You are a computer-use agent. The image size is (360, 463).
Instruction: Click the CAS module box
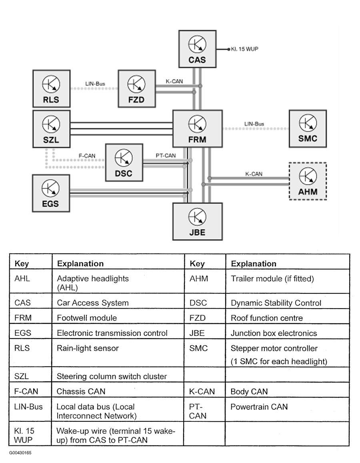tap(198, 49)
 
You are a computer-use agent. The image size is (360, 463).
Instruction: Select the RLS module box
tap(51, 88)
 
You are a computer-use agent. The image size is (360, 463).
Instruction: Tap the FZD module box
tap(137, 88)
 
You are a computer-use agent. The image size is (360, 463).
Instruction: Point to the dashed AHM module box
tap(308, 181)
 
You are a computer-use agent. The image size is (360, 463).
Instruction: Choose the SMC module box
tap(308, 128)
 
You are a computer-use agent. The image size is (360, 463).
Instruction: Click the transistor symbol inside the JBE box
tap(197, 216)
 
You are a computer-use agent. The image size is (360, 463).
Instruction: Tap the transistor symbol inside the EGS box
tap(50, 188)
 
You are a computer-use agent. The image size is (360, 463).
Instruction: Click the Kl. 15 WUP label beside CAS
tap(244, 49)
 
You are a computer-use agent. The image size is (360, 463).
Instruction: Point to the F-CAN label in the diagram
tap(87, 156)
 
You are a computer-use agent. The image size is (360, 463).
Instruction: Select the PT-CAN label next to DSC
tap(166, 155)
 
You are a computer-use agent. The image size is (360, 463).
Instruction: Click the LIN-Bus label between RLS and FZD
tap(95, 84)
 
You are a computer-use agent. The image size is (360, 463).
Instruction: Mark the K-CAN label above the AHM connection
tap(254, 174)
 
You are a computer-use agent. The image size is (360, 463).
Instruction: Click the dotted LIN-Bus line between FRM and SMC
tap(256, 128)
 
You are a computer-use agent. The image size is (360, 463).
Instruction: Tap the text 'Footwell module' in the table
tap(87, 318)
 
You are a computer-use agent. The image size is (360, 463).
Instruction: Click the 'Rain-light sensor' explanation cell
tap(118, 353)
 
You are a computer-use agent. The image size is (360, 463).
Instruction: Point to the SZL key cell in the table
tap(31, 375)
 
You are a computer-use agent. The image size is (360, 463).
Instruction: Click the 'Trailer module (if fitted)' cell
tap(288, 281)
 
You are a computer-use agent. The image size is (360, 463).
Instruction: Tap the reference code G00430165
tap(20, 453)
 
